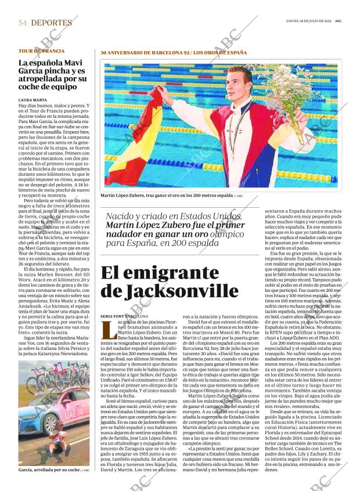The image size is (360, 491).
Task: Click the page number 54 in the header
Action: click(x=23, y=23)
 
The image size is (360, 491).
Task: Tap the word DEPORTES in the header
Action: click(x=51, y=23)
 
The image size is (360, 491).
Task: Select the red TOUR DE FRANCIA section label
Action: click(x=41, y=51)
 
